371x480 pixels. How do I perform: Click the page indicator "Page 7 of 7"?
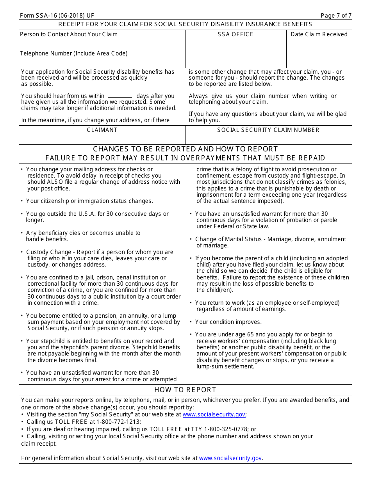336,16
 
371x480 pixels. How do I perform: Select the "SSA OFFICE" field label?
235,34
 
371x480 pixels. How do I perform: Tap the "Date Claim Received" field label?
319,34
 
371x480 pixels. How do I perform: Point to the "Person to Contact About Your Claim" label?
69,34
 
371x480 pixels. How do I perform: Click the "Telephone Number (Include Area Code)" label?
74,53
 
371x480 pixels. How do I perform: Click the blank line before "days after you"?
120,96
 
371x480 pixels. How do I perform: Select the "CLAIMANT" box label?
102,130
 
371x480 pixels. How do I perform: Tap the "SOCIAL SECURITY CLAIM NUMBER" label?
268,130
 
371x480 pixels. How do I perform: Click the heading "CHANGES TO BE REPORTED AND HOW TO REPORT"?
185,149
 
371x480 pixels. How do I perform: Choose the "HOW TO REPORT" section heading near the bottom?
185,390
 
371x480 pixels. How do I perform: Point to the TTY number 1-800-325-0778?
226,429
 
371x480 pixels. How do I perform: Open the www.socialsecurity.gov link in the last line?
230,458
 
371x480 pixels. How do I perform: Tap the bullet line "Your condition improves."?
228,322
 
